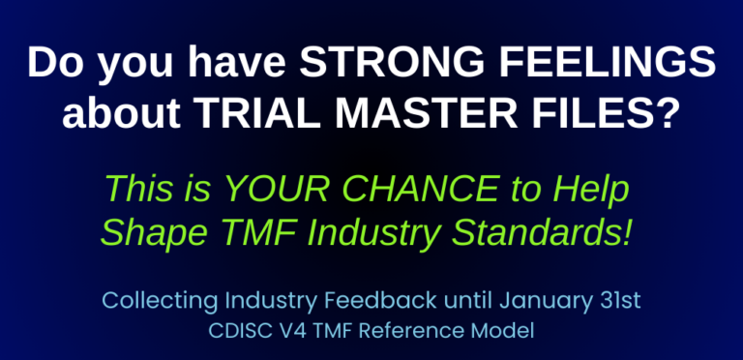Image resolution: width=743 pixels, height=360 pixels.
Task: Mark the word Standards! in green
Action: coord(545,233)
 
